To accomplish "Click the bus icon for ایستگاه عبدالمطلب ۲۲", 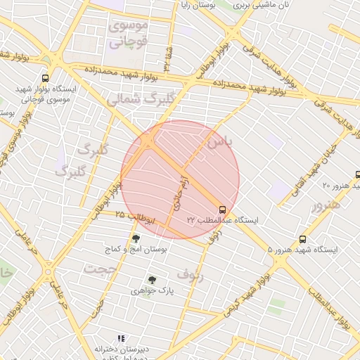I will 223,210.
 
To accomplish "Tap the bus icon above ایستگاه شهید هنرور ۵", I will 302,239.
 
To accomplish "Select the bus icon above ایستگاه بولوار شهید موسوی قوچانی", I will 46,79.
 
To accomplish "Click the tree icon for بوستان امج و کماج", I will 136,238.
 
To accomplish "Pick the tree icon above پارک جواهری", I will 151,279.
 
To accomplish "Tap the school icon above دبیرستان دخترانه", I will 120,338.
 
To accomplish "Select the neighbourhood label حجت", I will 98,268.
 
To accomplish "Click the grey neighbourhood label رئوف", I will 189,274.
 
